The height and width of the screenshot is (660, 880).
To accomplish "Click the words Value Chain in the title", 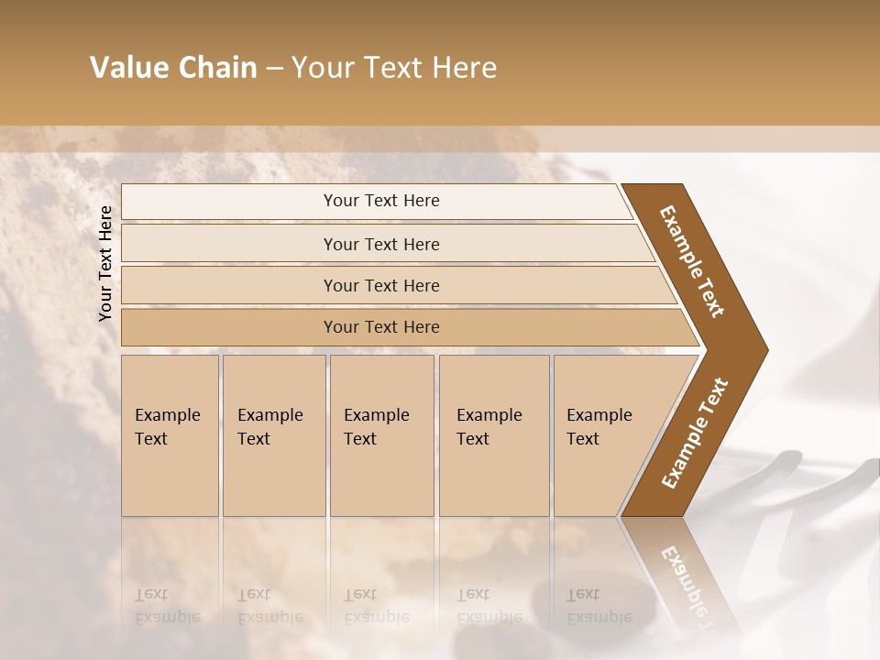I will point(173,68).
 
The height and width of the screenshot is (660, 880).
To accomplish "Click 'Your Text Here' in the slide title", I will point(394,68).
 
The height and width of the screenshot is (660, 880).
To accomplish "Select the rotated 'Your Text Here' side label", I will point(105,263).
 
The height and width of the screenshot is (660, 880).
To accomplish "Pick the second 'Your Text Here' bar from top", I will point(381,244).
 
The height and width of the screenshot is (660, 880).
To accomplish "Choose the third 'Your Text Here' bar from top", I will point(381,285).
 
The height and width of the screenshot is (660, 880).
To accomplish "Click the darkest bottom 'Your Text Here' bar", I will point(381,327).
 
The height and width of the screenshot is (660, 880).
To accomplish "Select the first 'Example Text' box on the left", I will point(170,435).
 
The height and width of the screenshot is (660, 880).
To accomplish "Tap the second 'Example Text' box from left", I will point(273,435).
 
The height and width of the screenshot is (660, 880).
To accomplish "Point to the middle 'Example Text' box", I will point(381,435).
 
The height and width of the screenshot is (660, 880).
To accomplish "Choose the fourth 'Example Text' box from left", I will point(494,435).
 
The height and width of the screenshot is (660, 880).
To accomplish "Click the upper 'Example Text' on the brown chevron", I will point(692,261).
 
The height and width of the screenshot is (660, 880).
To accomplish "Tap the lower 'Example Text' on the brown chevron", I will point(695,434).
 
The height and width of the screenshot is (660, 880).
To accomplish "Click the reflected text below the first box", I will point(167,606).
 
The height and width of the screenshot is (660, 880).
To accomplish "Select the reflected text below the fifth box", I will point(599,606).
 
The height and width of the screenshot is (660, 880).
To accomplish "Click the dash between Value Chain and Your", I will point(274,69).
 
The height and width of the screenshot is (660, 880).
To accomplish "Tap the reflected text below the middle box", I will point(376,606).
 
